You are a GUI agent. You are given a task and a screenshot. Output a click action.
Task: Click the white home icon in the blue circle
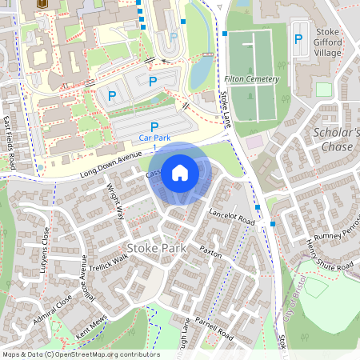coord(180,171)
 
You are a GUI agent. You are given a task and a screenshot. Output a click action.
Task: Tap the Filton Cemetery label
coord(253,79)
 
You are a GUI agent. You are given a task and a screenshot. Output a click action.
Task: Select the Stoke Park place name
coord(156,248)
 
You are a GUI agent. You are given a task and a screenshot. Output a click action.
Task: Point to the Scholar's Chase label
coord(337,139)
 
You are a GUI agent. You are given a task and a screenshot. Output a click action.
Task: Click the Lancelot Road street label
coord(232,216)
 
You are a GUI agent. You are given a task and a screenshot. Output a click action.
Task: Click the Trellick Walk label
coord(107,262)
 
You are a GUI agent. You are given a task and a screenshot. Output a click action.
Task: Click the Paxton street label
coord(210,250)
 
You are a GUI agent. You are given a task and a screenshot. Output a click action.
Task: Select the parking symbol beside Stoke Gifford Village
coord(298,38)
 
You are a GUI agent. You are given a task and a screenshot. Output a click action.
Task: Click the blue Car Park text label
coord(154,138)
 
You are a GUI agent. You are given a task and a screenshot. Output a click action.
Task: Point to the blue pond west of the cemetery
coord(201,72)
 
